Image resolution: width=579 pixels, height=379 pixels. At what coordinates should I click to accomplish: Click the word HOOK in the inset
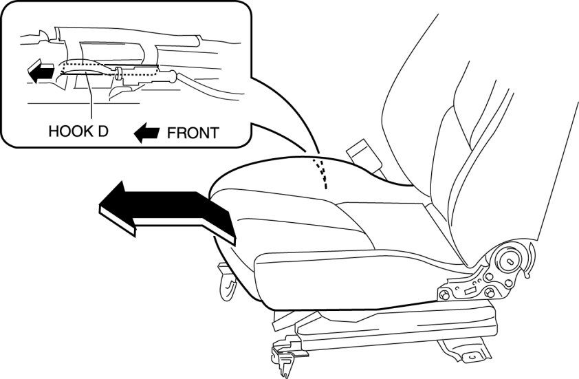(x=68, y=131)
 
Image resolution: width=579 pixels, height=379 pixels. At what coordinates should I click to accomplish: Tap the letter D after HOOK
(x=102, y=131)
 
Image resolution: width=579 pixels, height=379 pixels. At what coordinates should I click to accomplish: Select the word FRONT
(x=192, y=132)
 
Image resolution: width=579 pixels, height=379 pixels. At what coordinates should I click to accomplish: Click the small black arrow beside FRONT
(x=146, y=132)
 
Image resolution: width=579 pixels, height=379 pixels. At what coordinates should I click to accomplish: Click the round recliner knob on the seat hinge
(x=512, y=261)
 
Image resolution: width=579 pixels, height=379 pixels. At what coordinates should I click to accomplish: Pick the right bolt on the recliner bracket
(x=490, y=293)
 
